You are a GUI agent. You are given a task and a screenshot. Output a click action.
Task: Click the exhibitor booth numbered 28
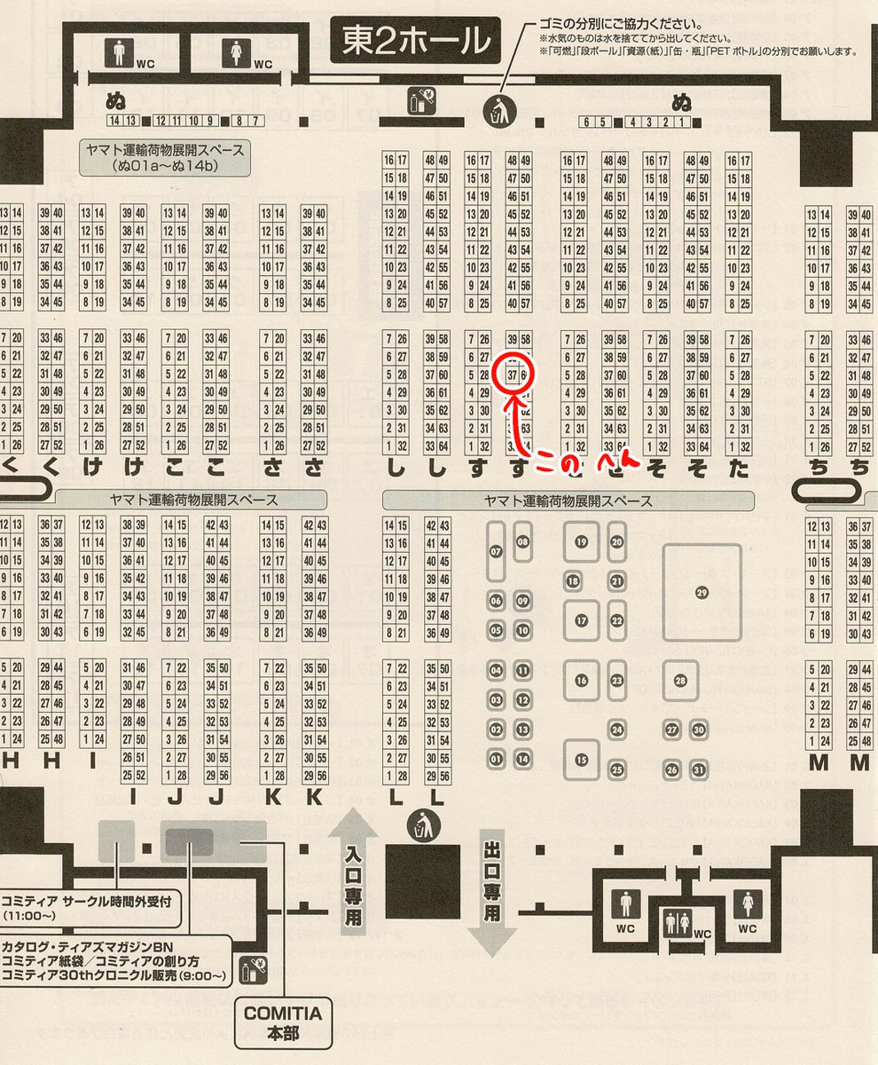680,681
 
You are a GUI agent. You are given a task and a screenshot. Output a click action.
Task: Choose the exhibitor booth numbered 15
582,759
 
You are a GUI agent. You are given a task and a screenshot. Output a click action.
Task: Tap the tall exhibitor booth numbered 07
496,551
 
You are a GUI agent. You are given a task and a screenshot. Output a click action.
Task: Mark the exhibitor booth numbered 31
700,769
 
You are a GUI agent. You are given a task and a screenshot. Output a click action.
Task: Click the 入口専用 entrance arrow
353,877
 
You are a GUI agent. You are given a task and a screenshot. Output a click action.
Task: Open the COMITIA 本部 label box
283,1022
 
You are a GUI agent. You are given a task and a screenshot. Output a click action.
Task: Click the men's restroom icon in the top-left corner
120,52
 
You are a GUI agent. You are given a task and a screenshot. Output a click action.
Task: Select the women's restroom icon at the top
235,52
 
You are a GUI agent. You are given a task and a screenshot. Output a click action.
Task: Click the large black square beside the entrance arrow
423,880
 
